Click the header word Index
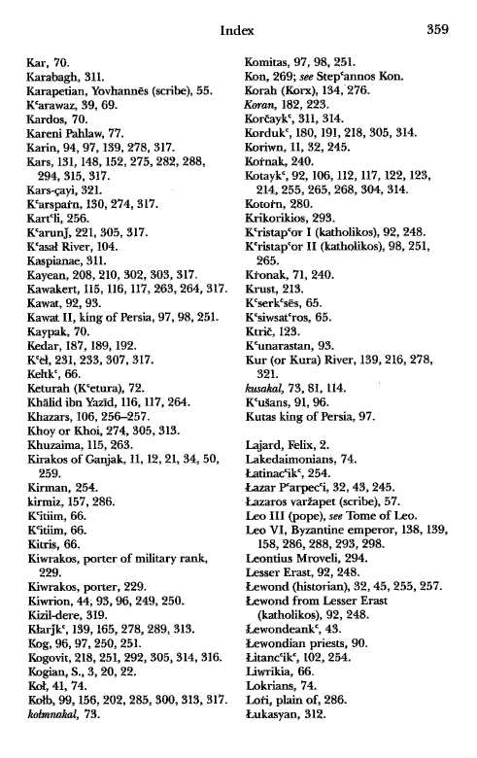point(238,30)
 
